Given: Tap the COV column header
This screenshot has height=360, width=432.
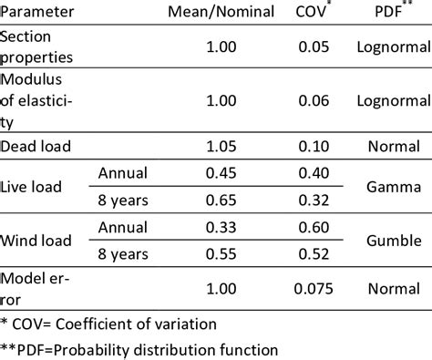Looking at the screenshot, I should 309,14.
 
